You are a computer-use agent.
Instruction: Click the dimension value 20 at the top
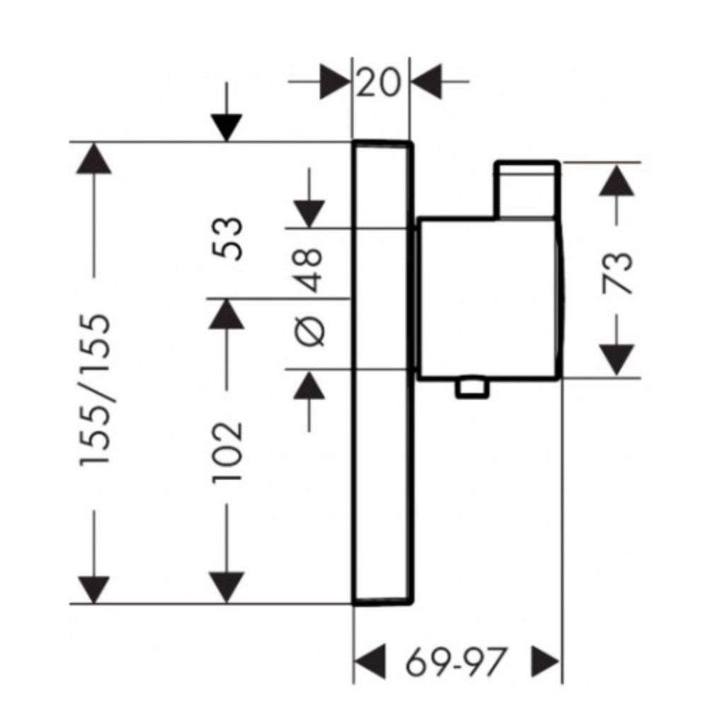[x=378, y=82]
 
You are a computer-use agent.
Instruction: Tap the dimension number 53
[x=227, y=239]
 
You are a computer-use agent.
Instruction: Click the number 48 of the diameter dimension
[x=309, y=270]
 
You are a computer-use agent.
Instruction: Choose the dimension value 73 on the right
[x=617, y=273]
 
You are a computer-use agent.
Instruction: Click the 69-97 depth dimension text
[x=455, y=662]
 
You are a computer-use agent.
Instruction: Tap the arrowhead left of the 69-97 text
[x=370, y=661]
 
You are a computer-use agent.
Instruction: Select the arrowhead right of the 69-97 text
[x=546, y=661]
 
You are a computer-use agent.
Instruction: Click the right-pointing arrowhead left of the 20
[x=335, y=82]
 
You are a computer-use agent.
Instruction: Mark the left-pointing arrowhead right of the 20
[x=426, y=82]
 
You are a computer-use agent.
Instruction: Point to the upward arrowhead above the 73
[x=617, y=181]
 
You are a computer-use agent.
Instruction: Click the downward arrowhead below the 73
[x=617, y=360]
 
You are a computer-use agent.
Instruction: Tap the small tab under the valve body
[x=472, y=387]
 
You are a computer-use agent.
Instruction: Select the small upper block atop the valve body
[x=527, y=189]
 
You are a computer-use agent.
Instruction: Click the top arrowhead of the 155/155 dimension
[x=94, y=159]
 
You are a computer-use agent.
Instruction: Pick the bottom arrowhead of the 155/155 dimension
[x=94, y=589]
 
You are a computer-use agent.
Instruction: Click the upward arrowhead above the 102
[x=227, y=314]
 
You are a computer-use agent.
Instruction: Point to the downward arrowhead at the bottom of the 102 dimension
[x=227, y=587]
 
